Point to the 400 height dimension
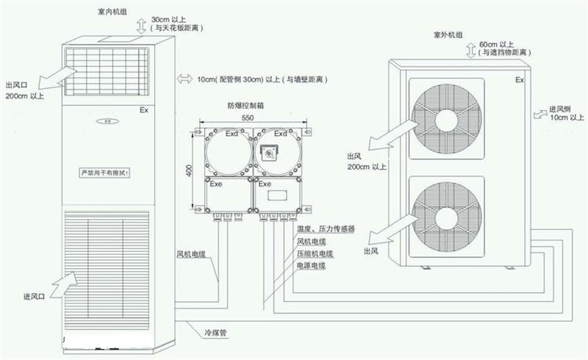point(188,170)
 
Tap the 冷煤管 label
point(215,332)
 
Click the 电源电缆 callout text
point(311,265)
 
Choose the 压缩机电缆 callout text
point(315,253)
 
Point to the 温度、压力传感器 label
point(326,229)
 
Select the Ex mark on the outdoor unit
point(519,79)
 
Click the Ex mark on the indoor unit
point(143,110)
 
